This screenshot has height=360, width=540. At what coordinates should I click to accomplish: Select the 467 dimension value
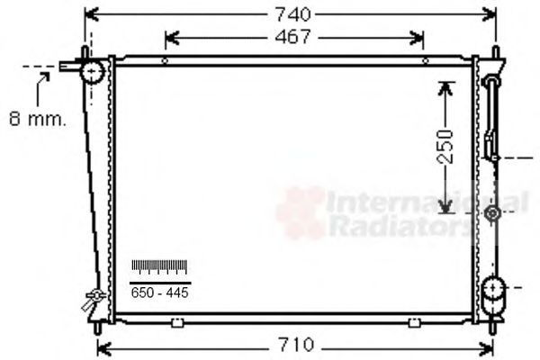pyautogui.click(x=292, y=37)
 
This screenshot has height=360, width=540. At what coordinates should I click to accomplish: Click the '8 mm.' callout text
pyautogui.click(x=37, y=118)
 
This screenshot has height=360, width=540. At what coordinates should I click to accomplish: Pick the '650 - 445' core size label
pyautogui.click(x=159, y=293)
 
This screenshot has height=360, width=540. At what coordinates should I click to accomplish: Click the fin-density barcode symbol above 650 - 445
pyautogui.click(x=159, y=266)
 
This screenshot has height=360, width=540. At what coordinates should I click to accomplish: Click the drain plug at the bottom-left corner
pyautogui.click(x=92, y=299)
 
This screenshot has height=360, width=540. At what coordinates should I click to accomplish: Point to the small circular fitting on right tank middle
pyautogui.click(x=492, y=214)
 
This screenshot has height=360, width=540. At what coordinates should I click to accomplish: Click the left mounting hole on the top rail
pyautogui.click(x=165, y=61)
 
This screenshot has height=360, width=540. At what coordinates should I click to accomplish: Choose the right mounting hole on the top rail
pyautogui.click(x=425, y=61)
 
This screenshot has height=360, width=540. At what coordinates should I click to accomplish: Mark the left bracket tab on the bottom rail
pyautogui.click(x=162, y=320)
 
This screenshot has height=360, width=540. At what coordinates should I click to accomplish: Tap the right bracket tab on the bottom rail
pyautogui.click(x=414, y=320)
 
